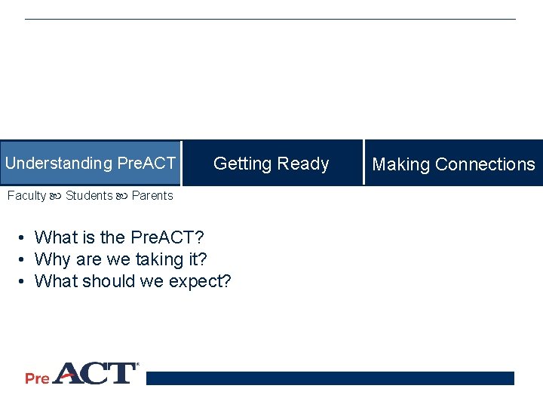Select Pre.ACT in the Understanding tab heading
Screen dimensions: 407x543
[146, 164]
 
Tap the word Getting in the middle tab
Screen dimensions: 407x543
[243, 164]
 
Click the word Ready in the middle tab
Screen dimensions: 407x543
[303, 164]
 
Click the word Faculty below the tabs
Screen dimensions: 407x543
[26, 196]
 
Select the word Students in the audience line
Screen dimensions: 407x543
[89, 196]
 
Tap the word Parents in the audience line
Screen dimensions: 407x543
[152, 196]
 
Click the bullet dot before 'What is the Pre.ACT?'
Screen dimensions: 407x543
[24, 238]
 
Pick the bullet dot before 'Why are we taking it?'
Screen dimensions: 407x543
[24, 260]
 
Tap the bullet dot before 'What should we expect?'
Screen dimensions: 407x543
[24, 282]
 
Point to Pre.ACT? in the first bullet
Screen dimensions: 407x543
[167, 238]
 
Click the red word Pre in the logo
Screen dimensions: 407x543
[37, 378]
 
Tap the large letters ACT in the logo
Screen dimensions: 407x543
[94, 373]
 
